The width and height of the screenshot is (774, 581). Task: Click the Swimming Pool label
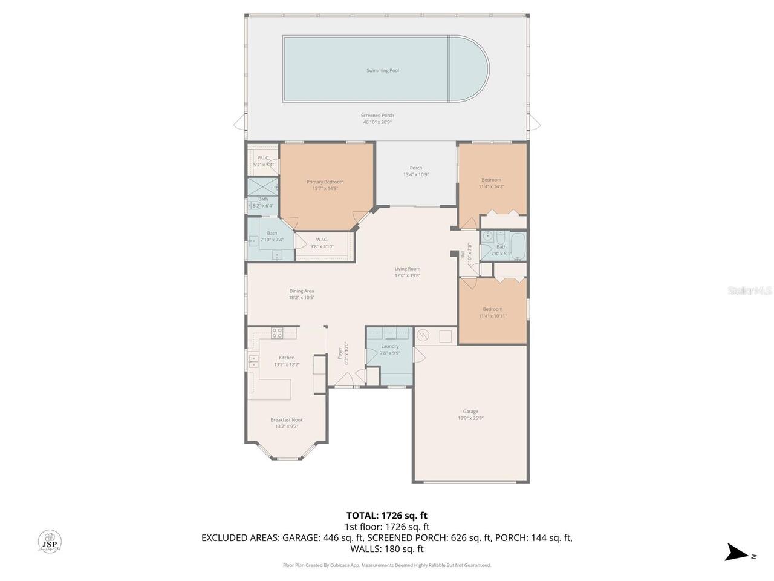tap(382, 71)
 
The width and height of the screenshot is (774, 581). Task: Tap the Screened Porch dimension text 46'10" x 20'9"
tap(378, 122)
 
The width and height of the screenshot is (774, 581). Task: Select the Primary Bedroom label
tap(325, 182)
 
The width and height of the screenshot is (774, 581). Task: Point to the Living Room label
tap(407, 269)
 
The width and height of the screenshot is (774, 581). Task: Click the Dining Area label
tap(301, 291)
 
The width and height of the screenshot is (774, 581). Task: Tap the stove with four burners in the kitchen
tap(277, 332)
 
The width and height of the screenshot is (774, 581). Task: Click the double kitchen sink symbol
tap(253, 362)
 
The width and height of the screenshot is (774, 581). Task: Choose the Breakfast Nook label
tap(287, 420)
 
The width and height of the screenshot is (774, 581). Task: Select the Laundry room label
tap(390, 347)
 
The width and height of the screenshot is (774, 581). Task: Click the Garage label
tap(470, 412)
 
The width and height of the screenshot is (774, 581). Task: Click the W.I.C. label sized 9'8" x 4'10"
tap(322, 240)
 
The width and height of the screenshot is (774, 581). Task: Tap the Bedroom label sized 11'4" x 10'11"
tap(492, 310)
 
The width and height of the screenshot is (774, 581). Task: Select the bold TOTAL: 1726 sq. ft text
tap(386, 516)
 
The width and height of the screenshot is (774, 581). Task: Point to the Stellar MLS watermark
tap(749, 291)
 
